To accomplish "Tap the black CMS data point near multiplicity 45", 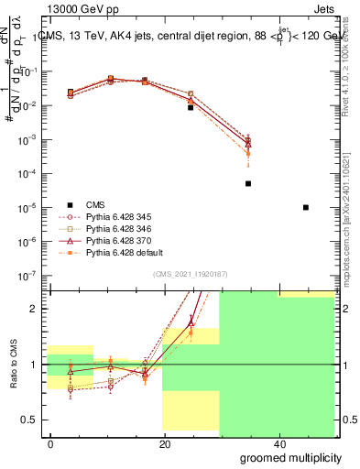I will coord(305,207).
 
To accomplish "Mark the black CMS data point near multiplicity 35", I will coord(248,183).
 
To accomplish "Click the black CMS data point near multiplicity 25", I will coord(191,107).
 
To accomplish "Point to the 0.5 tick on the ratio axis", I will coord(31,420).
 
